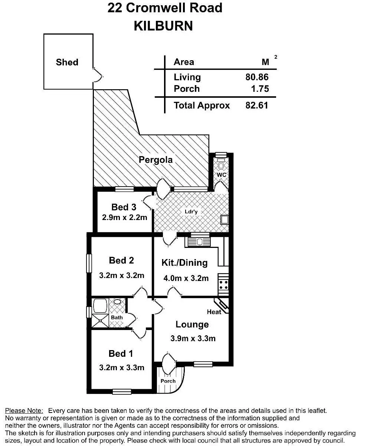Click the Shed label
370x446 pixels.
[67, 62]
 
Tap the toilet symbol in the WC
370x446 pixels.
[222, 165]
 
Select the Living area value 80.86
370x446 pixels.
[257, 77]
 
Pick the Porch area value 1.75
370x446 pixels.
[259, 88]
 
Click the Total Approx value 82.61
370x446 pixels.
[257, 105]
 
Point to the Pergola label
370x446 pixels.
[156, 160]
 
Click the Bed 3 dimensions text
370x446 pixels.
[125, 217]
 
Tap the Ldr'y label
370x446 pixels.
[191, 211]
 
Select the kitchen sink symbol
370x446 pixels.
[199, 242]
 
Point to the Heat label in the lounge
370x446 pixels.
[214, 312]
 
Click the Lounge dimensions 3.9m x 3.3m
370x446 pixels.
[193, 338]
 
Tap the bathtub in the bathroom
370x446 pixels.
[100, 306]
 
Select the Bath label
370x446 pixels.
[117, 317]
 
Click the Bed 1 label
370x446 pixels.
[121, 353]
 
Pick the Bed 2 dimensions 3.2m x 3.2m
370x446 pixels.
[122, 275]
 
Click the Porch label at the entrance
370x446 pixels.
[168, 381]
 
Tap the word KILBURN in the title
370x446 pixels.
[163, 26]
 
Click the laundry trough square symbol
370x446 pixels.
[224, 220]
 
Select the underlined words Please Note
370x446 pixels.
[24, 411]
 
